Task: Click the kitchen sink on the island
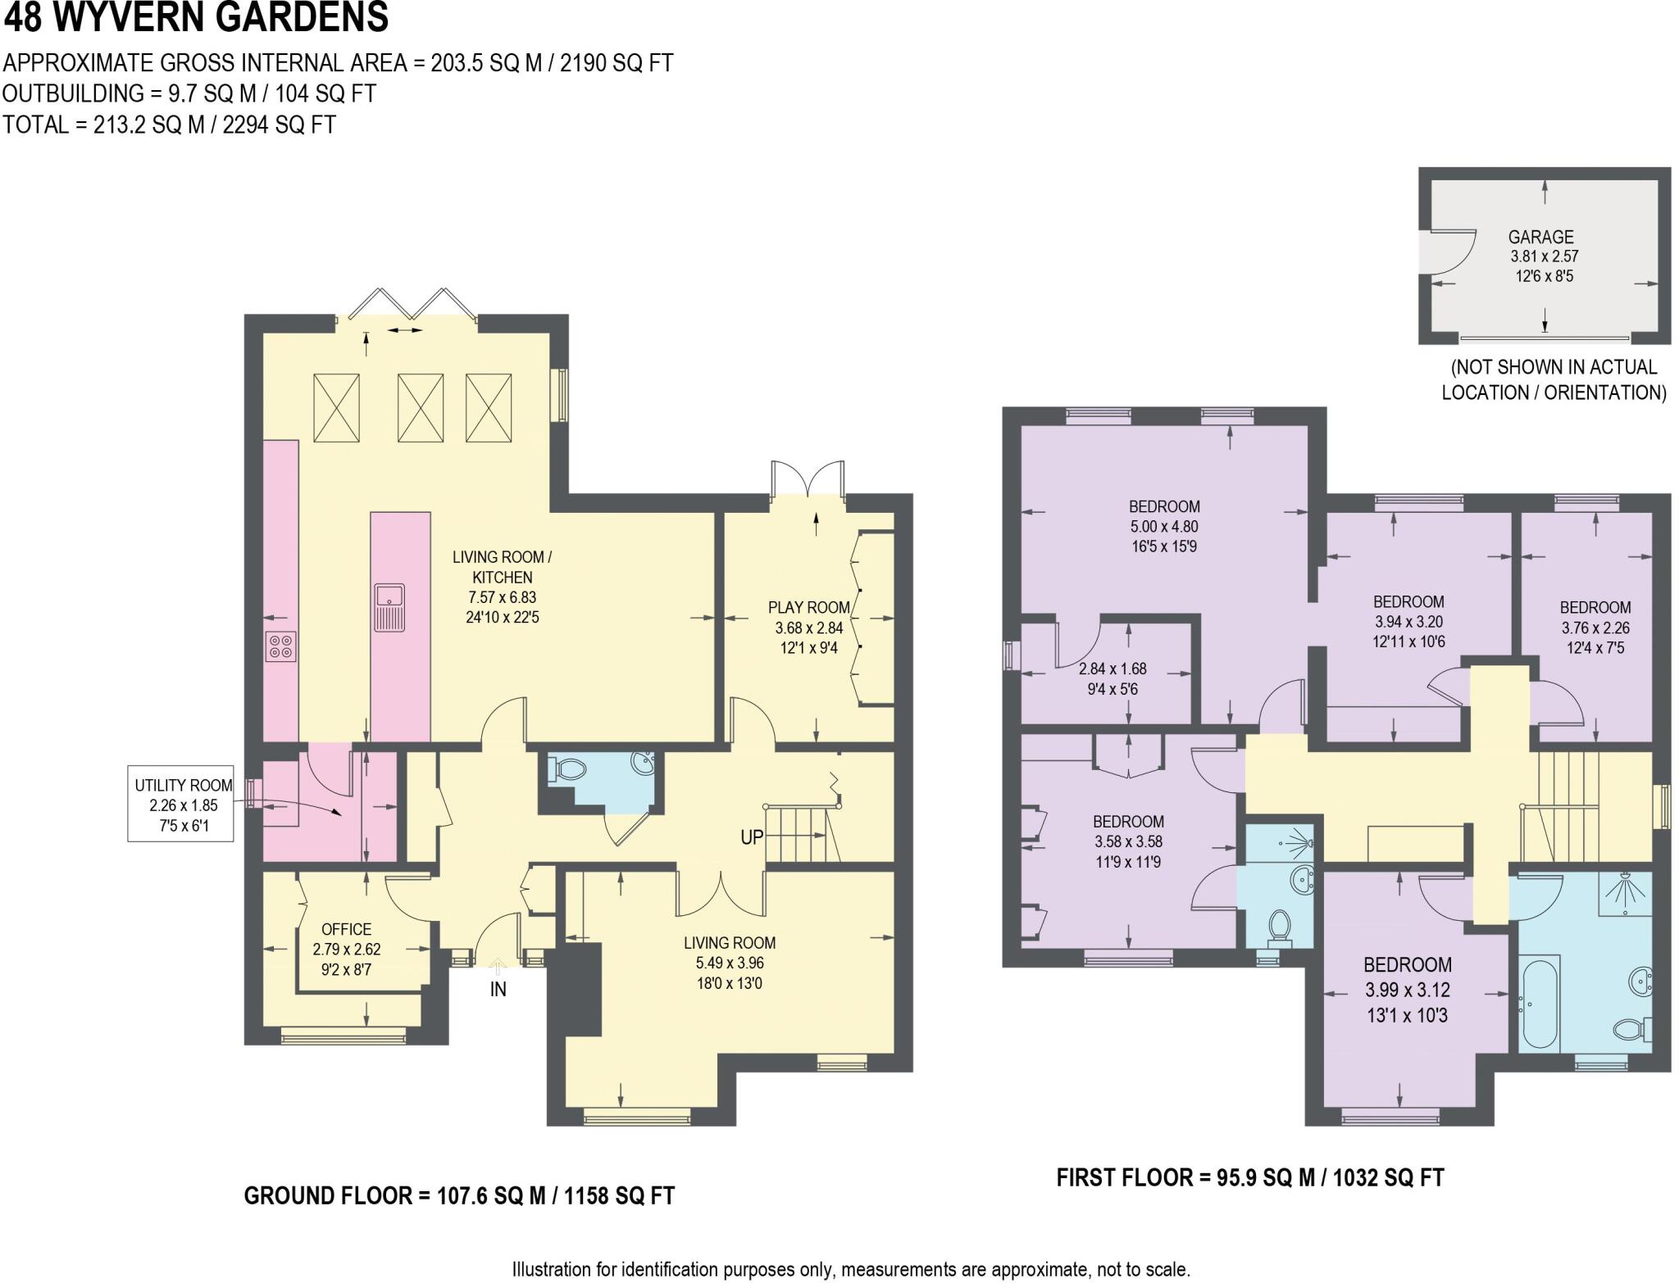click(x=389, y=607)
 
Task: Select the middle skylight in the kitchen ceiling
click(x=420, y=408)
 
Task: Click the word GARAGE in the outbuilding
click(x=1540, y=237)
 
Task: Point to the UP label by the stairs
click(x=751, y=837)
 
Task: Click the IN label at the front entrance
click(x=498, y=989)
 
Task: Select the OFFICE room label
click(x=346, y=929)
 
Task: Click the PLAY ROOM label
click(x=808, y=607)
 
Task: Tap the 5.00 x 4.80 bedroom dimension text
click(x=1164, y=526)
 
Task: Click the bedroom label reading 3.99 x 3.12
click(x=1407, y=990)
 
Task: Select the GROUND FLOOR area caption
click(x=459, y=1195)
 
